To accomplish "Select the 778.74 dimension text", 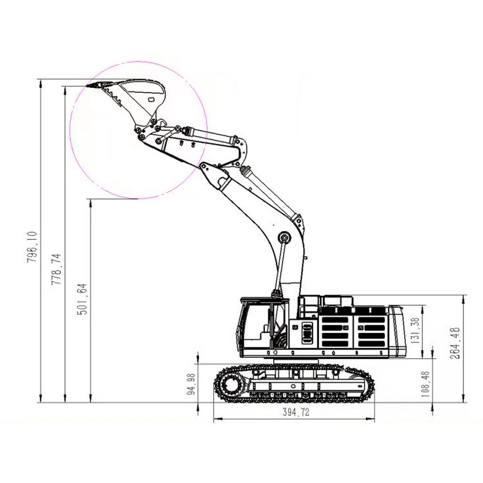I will click(x=56, y=269).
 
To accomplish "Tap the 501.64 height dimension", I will click(x=82, y=299).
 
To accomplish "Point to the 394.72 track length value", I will click(x=296, y=412).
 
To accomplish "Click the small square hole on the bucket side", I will click(x=151, y=99).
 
